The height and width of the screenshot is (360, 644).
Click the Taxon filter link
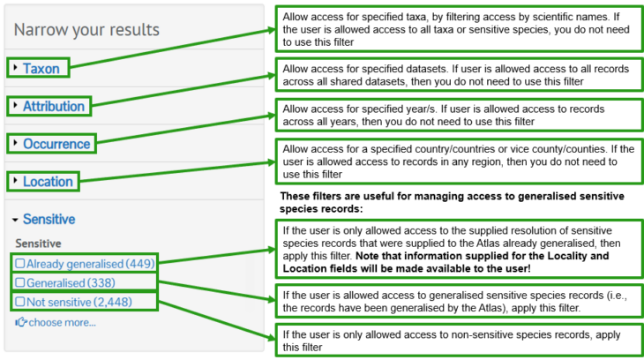[41, 68]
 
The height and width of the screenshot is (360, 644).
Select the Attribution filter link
[54, 106]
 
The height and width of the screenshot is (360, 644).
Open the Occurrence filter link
[56, 144]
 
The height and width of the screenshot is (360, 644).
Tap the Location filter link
[48, 182]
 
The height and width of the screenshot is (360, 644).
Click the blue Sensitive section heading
[49, 219]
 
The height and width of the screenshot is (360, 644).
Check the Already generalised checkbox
[19, 264]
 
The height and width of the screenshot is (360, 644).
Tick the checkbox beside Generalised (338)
[19, 282]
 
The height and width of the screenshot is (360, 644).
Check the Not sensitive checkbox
[19, 302]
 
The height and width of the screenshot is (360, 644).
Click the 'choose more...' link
[62, 323]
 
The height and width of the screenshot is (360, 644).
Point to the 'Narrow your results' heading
[86, 30]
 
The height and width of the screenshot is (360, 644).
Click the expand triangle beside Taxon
[15, 67]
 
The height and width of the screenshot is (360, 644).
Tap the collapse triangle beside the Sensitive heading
[15, 220]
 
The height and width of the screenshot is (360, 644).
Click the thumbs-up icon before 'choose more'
[21, 322]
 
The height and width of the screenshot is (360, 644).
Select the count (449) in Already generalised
[140, 264]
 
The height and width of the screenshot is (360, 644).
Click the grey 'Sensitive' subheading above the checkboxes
[38, 244]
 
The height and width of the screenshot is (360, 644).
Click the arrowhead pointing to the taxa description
[271, 30]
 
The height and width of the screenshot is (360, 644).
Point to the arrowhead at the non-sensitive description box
[271, 338]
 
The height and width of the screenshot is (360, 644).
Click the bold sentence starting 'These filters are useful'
[452, 202]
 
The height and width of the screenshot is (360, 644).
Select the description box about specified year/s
[459, 115]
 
